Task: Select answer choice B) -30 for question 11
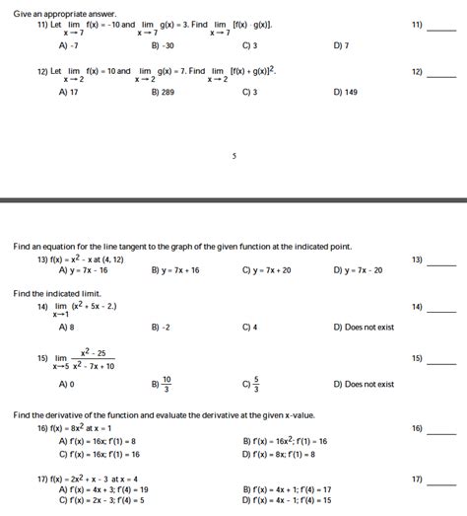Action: click(163, 45)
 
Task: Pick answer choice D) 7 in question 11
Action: click(342, 45)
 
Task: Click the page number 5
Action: click(233, 156)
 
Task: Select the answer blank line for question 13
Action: click(441, 264)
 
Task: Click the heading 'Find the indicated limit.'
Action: click(57, 293)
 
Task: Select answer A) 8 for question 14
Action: click(67, 327)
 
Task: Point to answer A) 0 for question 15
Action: click(67, 384)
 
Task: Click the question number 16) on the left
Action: click(42, 429)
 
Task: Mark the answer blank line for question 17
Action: click(441, 484)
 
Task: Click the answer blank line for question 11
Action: click(441, 30)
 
